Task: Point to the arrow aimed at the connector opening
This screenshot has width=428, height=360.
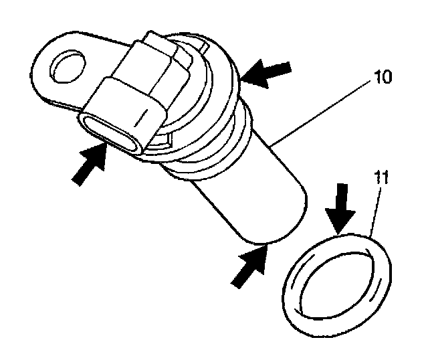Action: pyautogui.click(x=89, y=165)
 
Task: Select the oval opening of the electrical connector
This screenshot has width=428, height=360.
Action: pyautogui.click(x=110, y=132)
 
